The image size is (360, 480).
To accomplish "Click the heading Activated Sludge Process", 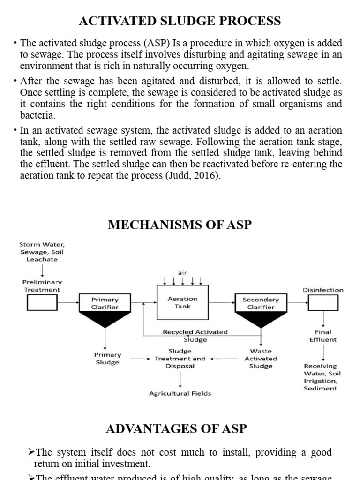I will (x=180, y=21).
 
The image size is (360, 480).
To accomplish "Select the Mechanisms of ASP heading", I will (x=180, y=225).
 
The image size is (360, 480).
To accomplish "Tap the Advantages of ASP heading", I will (x=180, y=429).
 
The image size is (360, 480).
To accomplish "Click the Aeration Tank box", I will (x=182, y=302).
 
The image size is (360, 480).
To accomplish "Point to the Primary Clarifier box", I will (x=105, y=303).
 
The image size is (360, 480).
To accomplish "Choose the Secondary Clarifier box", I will (x=261, y=303).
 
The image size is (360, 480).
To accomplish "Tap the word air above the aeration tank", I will (x=182, y=272).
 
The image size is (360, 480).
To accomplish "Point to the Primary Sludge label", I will (x=107, y=359).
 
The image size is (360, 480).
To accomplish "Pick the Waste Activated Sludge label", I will (x=261, y=359).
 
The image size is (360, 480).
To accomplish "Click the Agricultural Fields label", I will (x=180, y=393).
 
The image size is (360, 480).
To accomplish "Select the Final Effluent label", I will (x=323, y=336).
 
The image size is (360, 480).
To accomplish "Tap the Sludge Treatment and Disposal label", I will (x=180, y=359).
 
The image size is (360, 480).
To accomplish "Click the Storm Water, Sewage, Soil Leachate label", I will (x=42, y=252).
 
